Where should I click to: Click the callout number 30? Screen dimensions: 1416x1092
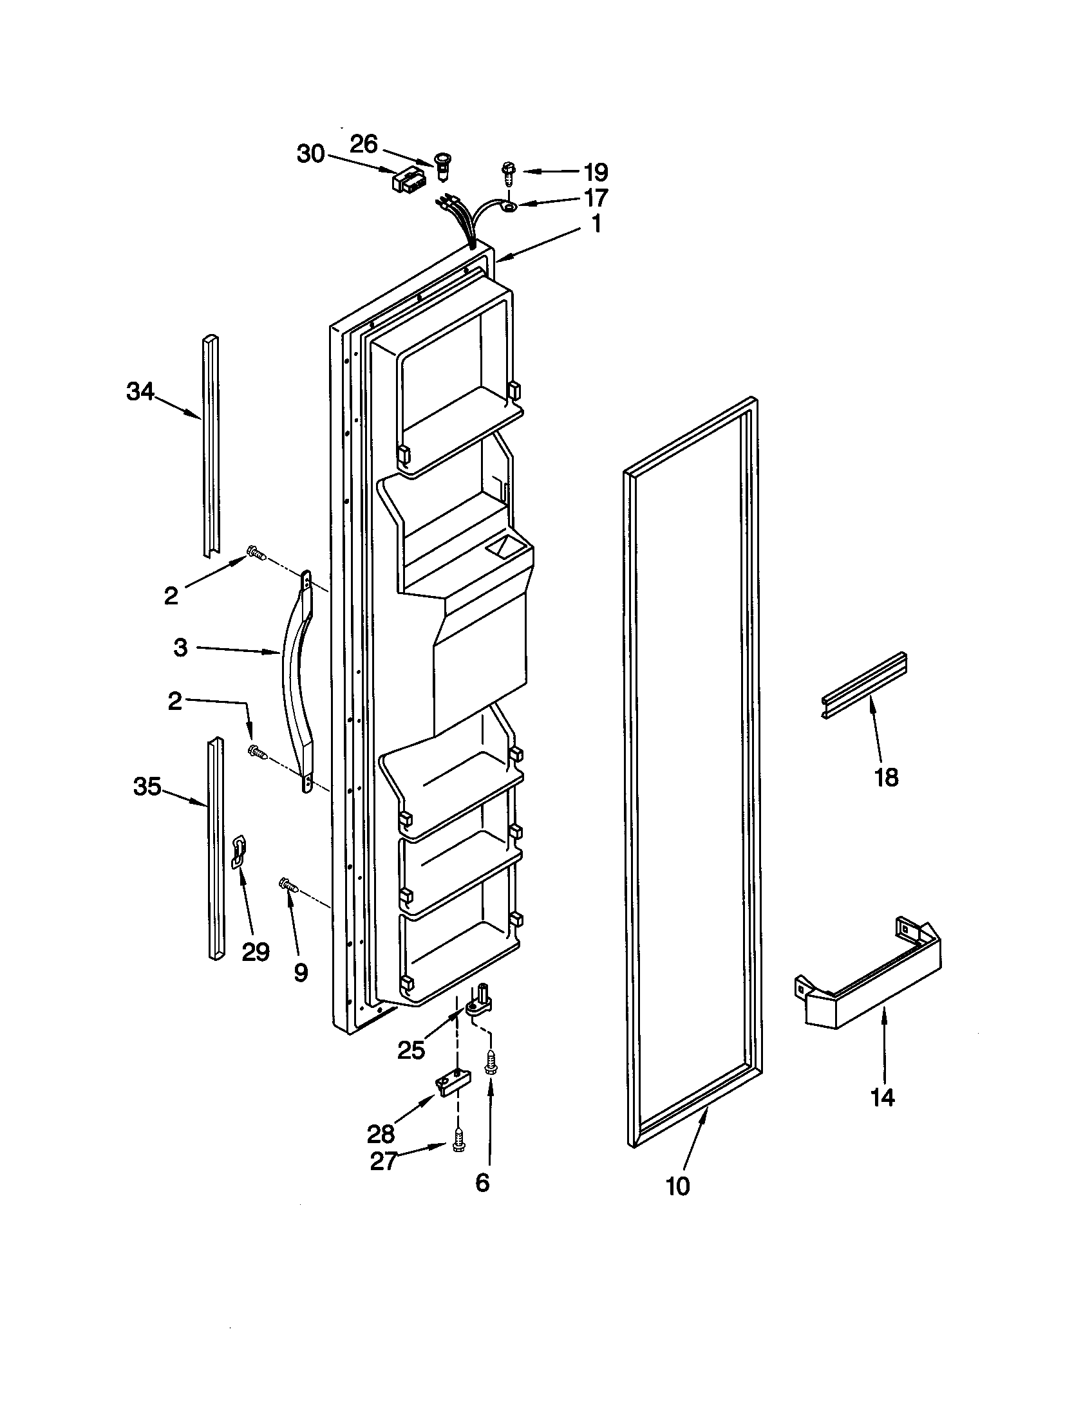(310, 154)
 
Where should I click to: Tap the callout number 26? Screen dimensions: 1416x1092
(364, 144)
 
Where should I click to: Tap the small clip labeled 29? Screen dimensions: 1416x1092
(240, 852)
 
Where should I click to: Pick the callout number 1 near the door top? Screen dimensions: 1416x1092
(596, 224)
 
